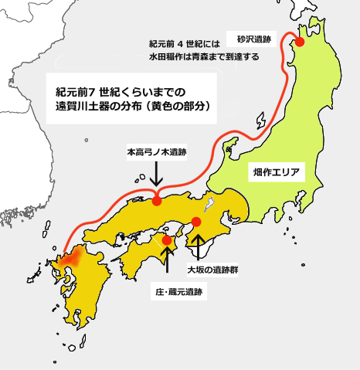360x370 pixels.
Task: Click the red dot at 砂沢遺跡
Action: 300,43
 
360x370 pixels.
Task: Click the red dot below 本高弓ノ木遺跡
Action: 157,201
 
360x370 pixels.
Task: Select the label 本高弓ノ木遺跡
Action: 157,154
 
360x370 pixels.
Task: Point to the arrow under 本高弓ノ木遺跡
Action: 157,174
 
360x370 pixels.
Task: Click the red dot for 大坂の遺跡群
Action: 196,222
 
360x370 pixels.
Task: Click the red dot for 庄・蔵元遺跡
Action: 167,241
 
